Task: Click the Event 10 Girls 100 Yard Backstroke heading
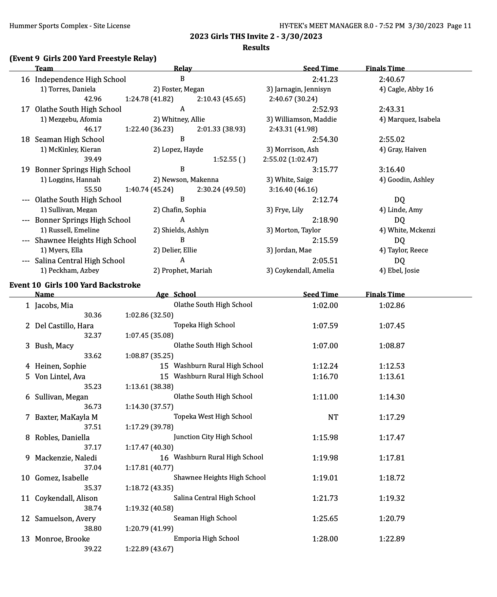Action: click(75, 285)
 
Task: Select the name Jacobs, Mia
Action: click(54, 305)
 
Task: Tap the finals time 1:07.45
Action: click(392, 326)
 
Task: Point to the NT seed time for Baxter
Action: click(333, 417)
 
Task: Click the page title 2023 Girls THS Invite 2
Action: click(256, 36)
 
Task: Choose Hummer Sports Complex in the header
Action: click(69, 26)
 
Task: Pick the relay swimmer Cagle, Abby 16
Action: click(406, 89)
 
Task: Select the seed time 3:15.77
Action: click(325, 169)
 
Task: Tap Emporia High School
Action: click(206, 538)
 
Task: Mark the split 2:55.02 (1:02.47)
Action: click(290, 159)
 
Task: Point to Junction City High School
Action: click(213, 437)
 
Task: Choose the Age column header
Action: click(162, 294)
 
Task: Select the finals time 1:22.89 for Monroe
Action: click(392, 539)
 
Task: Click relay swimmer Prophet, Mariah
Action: click(182, 270)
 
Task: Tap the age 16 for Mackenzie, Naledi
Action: click(164, 458)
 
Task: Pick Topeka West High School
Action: click(213, 416)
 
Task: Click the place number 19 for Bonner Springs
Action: click(25, 169)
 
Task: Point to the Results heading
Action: click(256, 47)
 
